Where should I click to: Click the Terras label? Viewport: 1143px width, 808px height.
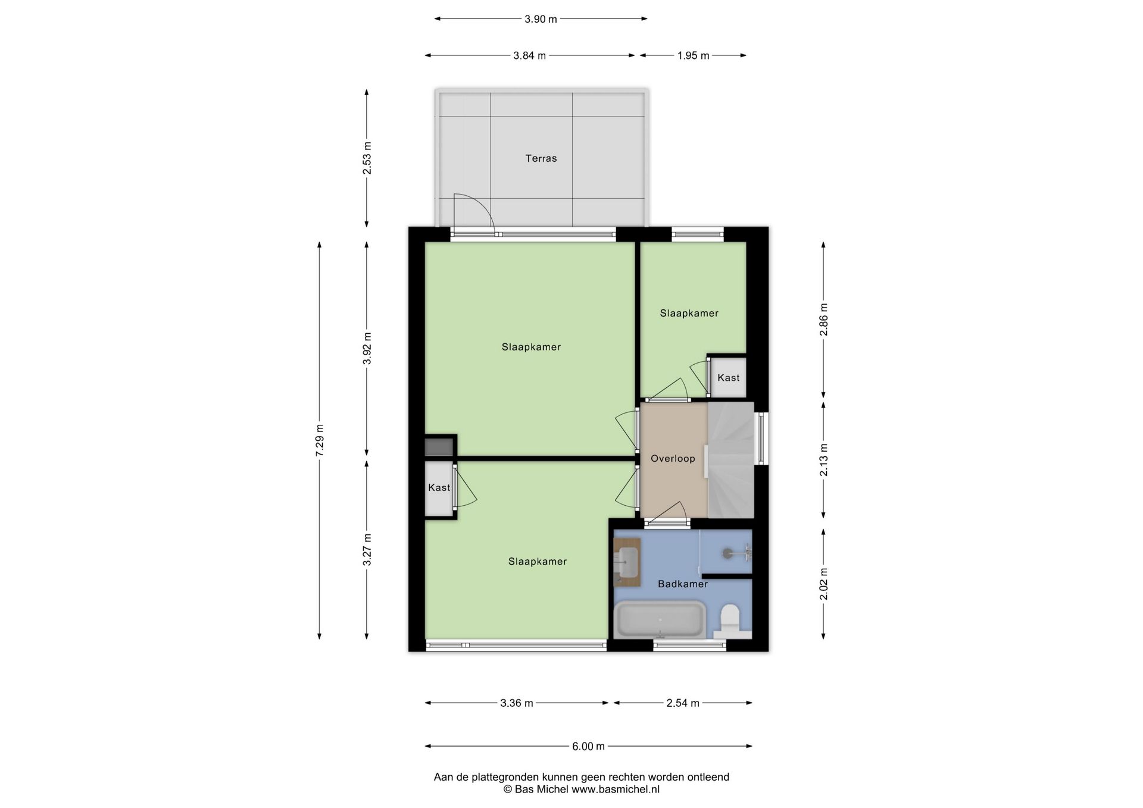541,158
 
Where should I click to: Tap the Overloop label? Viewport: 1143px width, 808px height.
673,458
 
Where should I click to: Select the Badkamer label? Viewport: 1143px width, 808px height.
683,584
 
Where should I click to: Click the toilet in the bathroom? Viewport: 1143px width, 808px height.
729,619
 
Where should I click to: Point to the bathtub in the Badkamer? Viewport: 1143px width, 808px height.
660,619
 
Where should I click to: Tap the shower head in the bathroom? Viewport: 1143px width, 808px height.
728,553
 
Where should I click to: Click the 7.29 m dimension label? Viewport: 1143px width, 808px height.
320,440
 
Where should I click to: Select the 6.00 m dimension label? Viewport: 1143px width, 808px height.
588,746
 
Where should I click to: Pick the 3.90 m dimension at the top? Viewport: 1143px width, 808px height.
541,19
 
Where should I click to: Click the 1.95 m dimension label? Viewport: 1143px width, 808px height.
693,56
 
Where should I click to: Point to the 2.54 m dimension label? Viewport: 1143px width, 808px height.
683,703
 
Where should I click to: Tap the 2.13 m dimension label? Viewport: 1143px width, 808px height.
824,460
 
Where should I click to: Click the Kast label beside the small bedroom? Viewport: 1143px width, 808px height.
729,378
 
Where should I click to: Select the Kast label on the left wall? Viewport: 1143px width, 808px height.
439,488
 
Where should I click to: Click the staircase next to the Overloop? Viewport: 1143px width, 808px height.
731,460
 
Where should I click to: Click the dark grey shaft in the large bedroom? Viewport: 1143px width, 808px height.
439,447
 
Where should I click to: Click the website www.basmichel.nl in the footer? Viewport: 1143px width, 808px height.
616,790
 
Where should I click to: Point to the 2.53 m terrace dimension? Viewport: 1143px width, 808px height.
367,158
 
